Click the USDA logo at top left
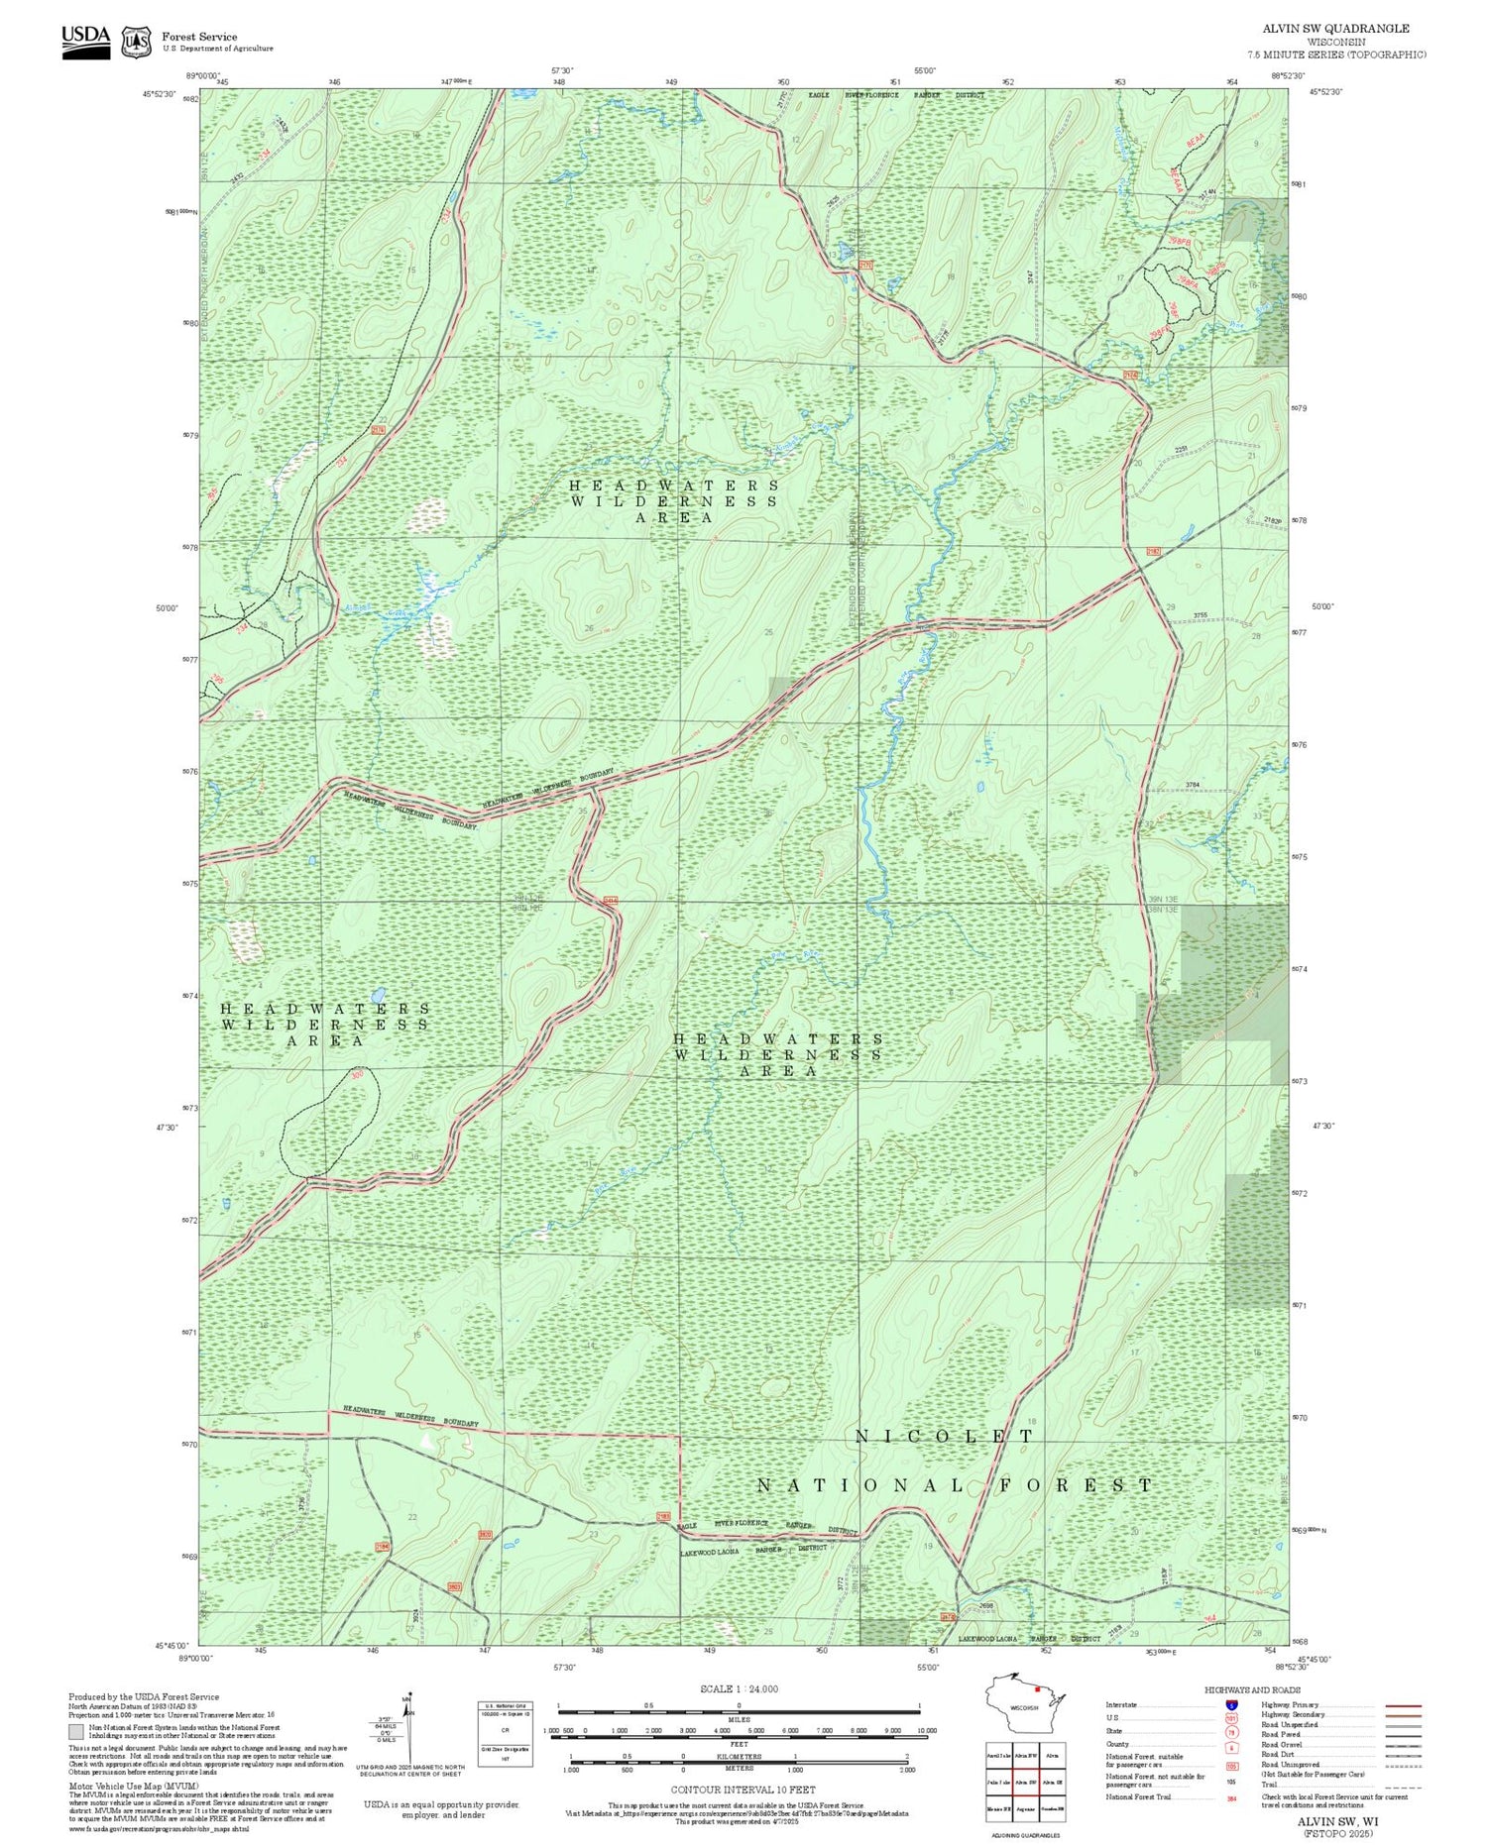point(85,42)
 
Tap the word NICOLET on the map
point(944,1435)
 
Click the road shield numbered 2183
point(663,1516)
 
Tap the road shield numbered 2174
point(1130,375)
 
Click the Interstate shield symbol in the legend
point(1231,1704)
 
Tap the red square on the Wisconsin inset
point(1037,1689)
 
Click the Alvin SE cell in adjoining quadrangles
point(1054,1781)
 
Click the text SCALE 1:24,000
point(739,1689)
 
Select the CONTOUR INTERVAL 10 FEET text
point(743,1791)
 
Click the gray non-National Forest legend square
point(76,1731)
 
